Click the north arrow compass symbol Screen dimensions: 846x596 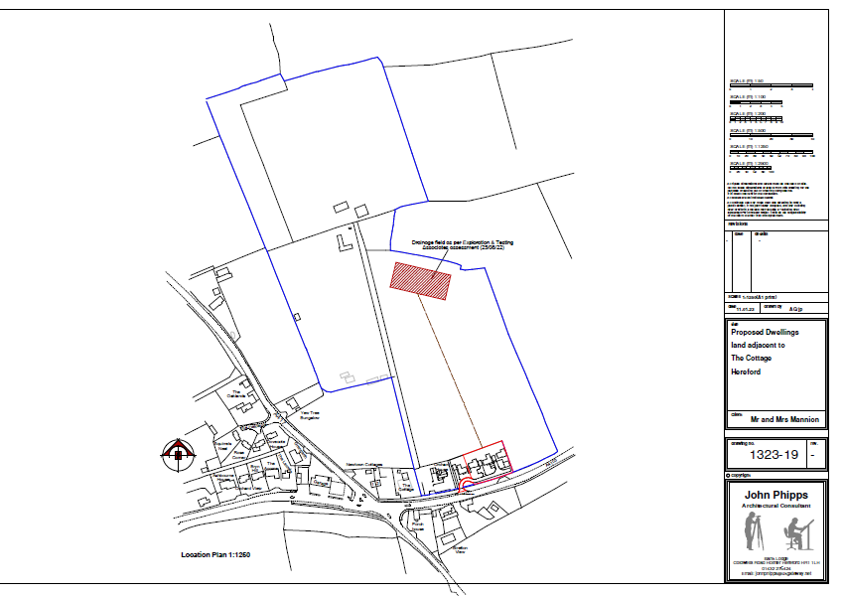tap(179, 454)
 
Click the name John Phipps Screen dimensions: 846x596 tap(776, 495)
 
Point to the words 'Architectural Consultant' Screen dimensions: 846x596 tap(776, 506)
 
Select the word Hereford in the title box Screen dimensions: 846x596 tap(745, 371)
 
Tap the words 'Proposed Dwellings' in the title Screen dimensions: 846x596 tap(762, 333)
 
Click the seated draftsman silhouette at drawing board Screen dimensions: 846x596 tap(795, 536)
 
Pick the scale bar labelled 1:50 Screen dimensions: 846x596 tap(773, 86)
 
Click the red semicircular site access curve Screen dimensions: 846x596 tap(464, 484)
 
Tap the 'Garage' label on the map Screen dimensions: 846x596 tap(321, 483)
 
